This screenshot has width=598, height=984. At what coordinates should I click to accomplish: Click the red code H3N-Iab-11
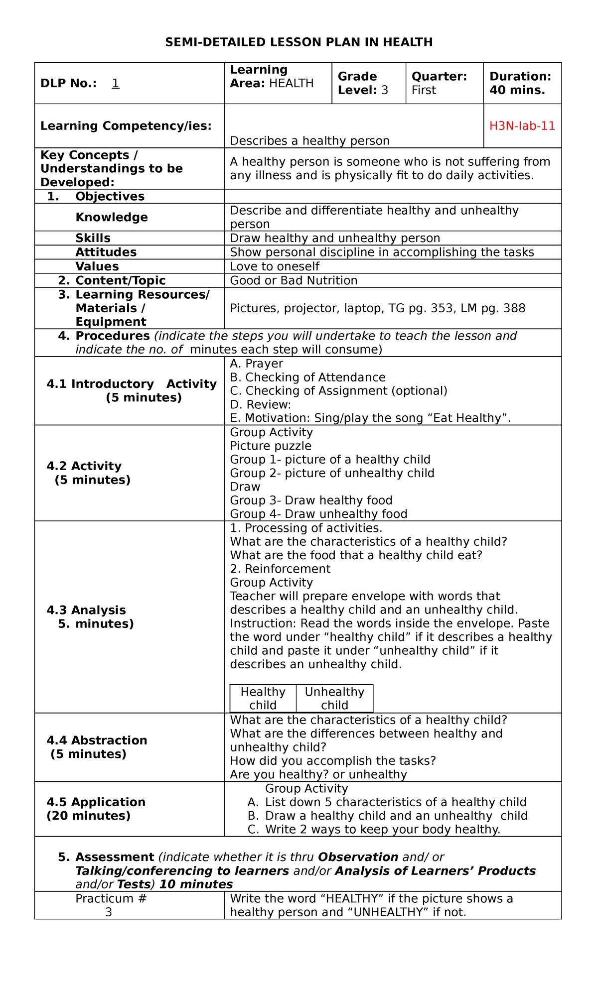pyautogui.click(x=522, y=126)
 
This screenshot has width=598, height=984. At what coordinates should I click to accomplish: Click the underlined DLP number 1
pyautogui.click(x=115, y=83)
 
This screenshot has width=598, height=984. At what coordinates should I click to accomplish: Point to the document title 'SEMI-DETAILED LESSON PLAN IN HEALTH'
pyautogui.click(x=299, y=42)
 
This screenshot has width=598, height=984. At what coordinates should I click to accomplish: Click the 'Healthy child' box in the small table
pyautogui.click(x=263, y=698)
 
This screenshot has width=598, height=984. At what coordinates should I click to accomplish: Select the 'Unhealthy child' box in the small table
pyautogui.click(x=334, y=698)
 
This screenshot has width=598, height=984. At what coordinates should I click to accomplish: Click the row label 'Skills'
pyautogui.click(x=93, y=238)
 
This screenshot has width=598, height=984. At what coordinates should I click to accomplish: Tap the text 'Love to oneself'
pyautogui.click(x=275, y=266)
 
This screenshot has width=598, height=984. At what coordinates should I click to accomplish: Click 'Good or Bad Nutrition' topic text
pyautogui.click(x=294, y=280)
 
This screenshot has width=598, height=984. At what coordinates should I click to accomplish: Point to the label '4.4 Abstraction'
pyautogui.click(x=97, y=740)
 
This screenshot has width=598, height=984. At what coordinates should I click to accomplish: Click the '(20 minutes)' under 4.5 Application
pyautogui.click(x=88, y=816)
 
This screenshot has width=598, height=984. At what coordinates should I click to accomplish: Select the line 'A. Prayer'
pyautogui.click(x=256, y=364)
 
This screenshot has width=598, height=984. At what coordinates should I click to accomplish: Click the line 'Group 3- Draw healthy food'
pyautogui.click(x=311, y=500)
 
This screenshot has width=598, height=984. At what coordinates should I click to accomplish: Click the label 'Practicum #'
pyautogui.click(x=111, y=899)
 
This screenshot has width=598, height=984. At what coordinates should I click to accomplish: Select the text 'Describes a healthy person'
pyautogui.click(x=309, y=141)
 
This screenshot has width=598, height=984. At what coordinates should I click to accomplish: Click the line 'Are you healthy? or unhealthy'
pyautogui.click(x=318, y=774)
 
